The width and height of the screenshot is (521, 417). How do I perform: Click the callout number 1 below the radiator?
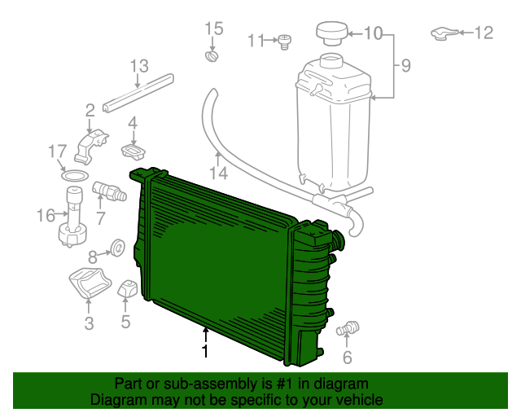point(205,351)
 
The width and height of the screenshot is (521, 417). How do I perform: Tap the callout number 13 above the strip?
point(139,66)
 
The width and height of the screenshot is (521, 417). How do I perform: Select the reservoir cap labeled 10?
point(331,35)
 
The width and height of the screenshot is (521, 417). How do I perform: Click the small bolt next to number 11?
point(285,41)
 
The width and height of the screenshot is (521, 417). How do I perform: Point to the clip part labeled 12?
point(443,33)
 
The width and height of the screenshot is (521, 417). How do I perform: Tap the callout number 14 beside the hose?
point(217,172)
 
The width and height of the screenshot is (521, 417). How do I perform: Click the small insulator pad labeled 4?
point(133,151)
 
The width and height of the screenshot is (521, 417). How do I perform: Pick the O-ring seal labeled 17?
point(74,177)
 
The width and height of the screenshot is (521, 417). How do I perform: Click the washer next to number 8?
point(116,245)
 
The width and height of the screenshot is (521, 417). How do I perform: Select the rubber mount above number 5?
point(127,290)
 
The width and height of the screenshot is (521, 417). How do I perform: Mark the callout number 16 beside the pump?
point(46,216)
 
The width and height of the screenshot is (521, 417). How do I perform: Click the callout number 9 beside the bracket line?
point(405,64)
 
